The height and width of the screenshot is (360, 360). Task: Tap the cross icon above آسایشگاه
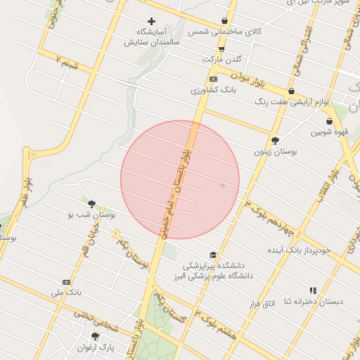[x=150, y=22]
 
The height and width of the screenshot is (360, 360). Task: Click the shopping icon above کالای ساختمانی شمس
[x=224, y=21]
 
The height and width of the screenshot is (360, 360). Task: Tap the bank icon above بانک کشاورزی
[x=213, y=79]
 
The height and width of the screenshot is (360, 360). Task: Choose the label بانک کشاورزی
[x=211, y=90]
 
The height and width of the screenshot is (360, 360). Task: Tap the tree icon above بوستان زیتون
[x=275, y=140]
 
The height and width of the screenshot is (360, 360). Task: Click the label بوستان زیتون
[x=275, y=151]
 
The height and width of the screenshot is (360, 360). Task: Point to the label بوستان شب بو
[x=94, y=214]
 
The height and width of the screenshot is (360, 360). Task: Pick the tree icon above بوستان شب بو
[x=91, y=203]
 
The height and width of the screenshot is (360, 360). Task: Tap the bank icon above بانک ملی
[x=66, y=281]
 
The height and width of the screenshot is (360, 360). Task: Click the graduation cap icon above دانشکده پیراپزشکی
[x=213, y=255]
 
